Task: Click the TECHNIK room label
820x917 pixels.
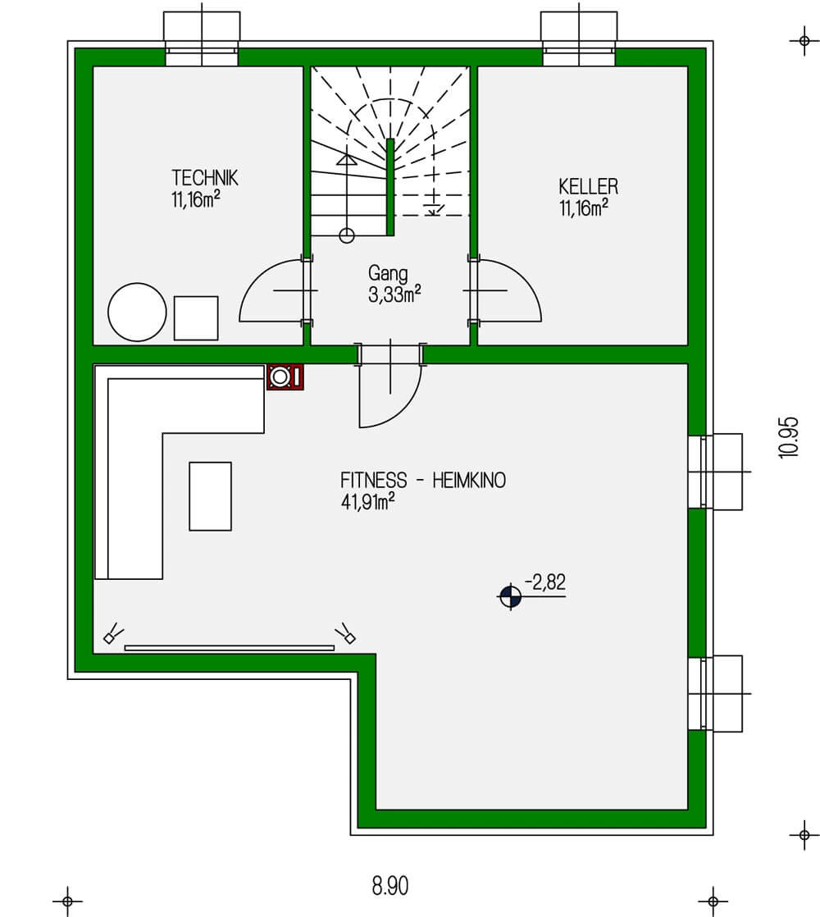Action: [204, 177]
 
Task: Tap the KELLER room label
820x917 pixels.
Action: [588, 186]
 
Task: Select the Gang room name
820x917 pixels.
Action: [388, 274]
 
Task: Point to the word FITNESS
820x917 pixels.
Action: [373, 480]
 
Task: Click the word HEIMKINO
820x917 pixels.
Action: [469, 480]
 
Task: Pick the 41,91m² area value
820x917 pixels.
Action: [367, 501]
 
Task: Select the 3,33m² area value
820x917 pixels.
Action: [394, 294]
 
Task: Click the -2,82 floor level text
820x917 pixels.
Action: [544, 582]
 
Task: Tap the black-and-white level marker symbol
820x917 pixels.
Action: [510, 597]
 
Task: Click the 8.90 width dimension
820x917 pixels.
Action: [389, 886]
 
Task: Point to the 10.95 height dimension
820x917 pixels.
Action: [789, 437]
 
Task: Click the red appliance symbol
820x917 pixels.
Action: [285, 376]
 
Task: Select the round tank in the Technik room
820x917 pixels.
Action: [137, 313]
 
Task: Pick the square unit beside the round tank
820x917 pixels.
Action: [196, 318]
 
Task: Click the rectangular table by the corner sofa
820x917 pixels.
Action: [211, 496]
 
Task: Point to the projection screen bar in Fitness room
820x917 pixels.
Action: [229, 648]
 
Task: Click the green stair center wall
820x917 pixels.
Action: [390, 187]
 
